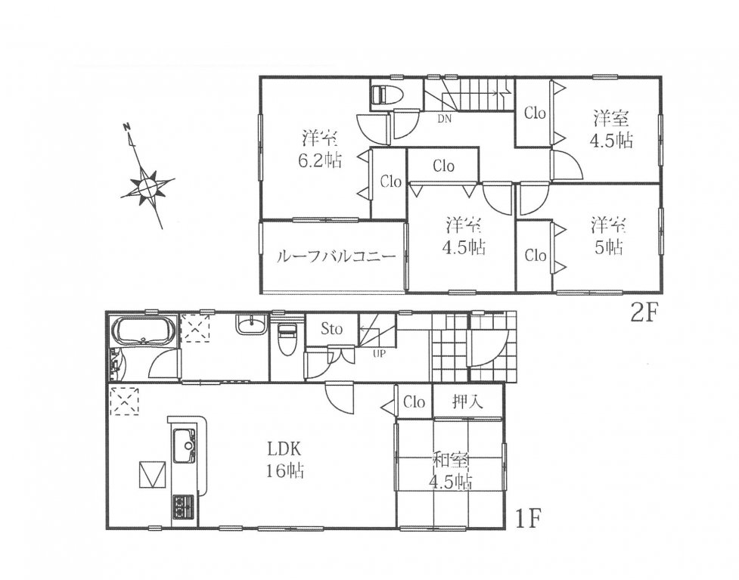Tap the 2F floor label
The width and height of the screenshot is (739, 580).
(644, 313)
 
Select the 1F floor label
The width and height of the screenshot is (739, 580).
(526, 520)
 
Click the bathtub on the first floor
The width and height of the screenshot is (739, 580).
(143, 330)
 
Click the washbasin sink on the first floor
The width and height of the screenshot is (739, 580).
(250, 324)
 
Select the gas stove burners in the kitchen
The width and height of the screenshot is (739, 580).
(183, 506)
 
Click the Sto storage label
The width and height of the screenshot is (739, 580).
(331, 328)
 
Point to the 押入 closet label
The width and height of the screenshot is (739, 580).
(467, 402)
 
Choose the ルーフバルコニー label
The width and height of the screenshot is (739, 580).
(335, 257)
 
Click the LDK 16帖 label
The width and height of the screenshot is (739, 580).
(284, 459)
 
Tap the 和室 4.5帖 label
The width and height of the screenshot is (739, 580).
(450, 470)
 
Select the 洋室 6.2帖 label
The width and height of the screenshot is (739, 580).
(319, 150)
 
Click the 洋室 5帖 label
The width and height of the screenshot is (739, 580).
(609, 236)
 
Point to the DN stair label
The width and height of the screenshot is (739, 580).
(445, 119)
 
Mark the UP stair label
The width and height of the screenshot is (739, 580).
(379, 353)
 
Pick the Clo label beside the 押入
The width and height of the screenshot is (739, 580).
(415, 402)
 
